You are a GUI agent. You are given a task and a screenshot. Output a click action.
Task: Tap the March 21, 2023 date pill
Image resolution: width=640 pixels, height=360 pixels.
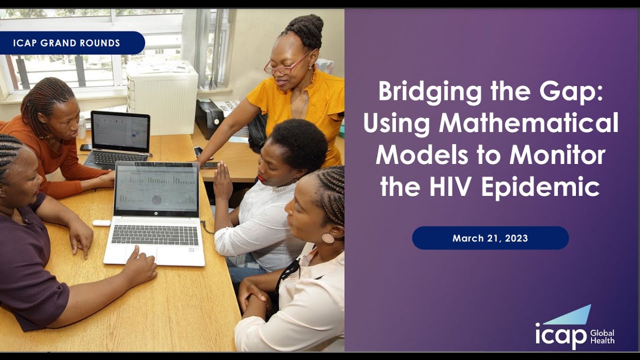pos(490,238)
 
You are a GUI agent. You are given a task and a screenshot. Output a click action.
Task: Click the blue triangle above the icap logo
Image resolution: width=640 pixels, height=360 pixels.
pos(570,315)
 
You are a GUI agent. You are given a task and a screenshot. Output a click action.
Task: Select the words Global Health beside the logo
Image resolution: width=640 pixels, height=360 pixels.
pos(602,337)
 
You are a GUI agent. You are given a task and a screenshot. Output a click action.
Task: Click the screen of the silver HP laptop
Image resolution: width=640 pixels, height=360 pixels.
pos(156,187)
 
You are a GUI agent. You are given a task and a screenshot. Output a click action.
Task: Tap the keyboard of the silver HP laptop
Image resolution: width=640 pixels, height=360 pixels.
pos(154,234)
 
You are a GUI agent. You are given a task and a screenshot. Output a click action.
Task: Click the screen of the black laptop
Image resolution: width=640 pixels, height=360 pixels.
pos(120,132)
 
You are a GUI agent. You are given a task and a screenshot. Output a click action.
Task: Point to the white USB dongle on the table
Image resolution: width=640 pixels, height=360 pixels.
pos(101,223)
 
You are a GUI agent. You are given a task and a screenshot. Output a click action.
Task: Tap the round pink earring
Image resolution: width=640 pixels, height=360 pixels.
pos(327,238)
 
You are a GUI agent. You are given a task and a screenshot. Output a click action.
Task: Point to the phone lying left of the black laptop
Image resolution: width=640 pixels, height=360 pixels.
pos(85,147)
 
